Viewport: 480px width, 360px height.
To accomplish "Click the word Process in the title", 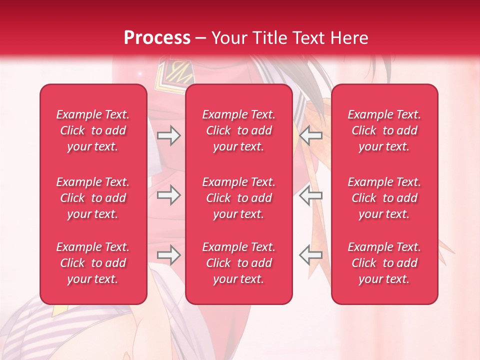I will [x=157, y=38].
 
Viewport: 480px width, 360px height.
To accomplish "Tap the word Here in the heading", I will [x=348, y=38].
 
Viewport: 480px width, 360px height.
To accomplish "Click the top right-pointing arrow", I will [x=168, y=135].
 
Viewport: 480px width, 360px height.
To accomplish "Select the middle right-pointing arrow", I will [x=168, y=195].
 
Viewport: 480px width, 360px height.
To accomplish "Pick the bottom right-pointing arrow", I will [x=168, y=255].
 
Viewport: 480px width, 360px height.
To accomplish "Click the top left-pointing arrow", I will [x=311, y=135].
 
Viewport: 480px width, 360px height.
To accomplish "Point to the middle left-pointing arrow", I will [x=311, y=195].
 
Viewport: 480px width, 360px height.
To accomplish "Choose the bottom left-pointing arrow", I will [x=311, y=255].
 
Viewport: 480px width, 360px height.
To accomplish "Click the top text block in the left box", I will [x=93, y=130].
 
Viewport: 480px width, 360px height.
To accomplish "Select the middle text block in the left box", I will [x=93, y=198].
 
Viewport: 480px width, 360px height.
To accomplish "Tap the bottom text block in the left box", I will [x=93, y=263].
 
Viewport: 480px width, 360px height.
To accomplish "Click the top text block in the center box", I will [x=239, y=130].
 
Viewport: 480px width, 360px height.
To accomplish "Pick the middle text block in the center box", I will [x=239, y=198].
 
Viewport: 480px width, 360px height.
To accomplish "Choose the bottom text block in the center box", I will [x=239, y=263].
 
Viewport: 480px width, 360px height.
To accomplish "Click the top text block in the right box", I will [x=384, y=130].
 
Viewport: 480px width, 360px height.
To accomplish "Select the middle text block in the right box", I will [x=384, y=198].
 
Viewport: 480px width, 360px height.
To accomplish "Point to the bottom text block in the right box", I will [x=384, y=263].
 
